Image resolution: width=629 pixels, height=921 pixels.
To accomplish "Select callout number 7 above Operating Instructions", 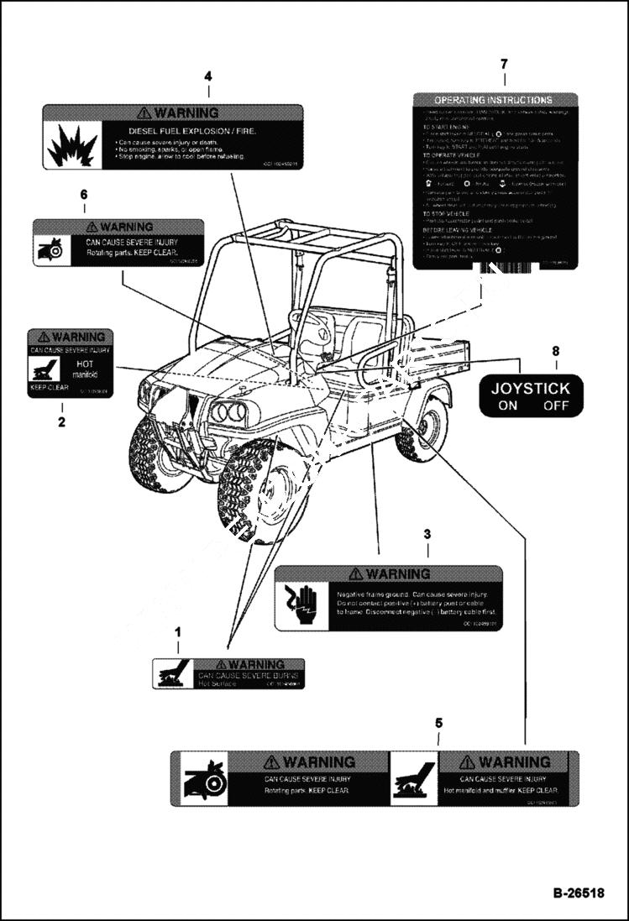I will click(x=504, y=65).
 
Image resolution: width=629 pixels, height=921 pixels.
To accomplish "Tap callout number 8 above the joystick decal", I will click(x=554, y=351).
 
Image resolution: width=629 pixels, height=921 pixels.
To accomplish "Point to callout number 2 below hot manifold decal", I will click(x=61, y=422).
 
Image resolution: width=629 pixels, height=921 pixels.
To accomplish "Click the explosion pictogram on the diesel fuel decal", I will click(x=72, y=146).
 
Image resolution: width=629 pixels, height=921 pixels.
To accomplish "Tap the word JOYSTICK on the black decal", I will click(x=530, y=389).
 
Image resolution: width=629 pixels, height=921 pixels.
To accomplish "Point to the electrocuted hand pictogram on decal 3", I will click(x=299, y=602).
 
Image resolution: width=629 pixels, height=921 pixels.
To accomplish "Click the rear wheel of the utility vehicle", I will click(x=425, y=428).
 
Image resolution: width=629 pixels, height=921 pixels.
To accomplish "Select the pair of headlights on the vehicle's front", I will click(x=228, y=411).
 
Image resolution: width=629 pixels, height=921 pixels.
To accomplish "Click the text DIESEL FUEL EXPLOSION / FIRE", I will click(x=191, y=132).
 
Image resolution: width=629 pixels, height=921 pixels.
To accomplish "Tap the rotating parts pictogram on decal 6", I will click(x=50, y=248).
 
